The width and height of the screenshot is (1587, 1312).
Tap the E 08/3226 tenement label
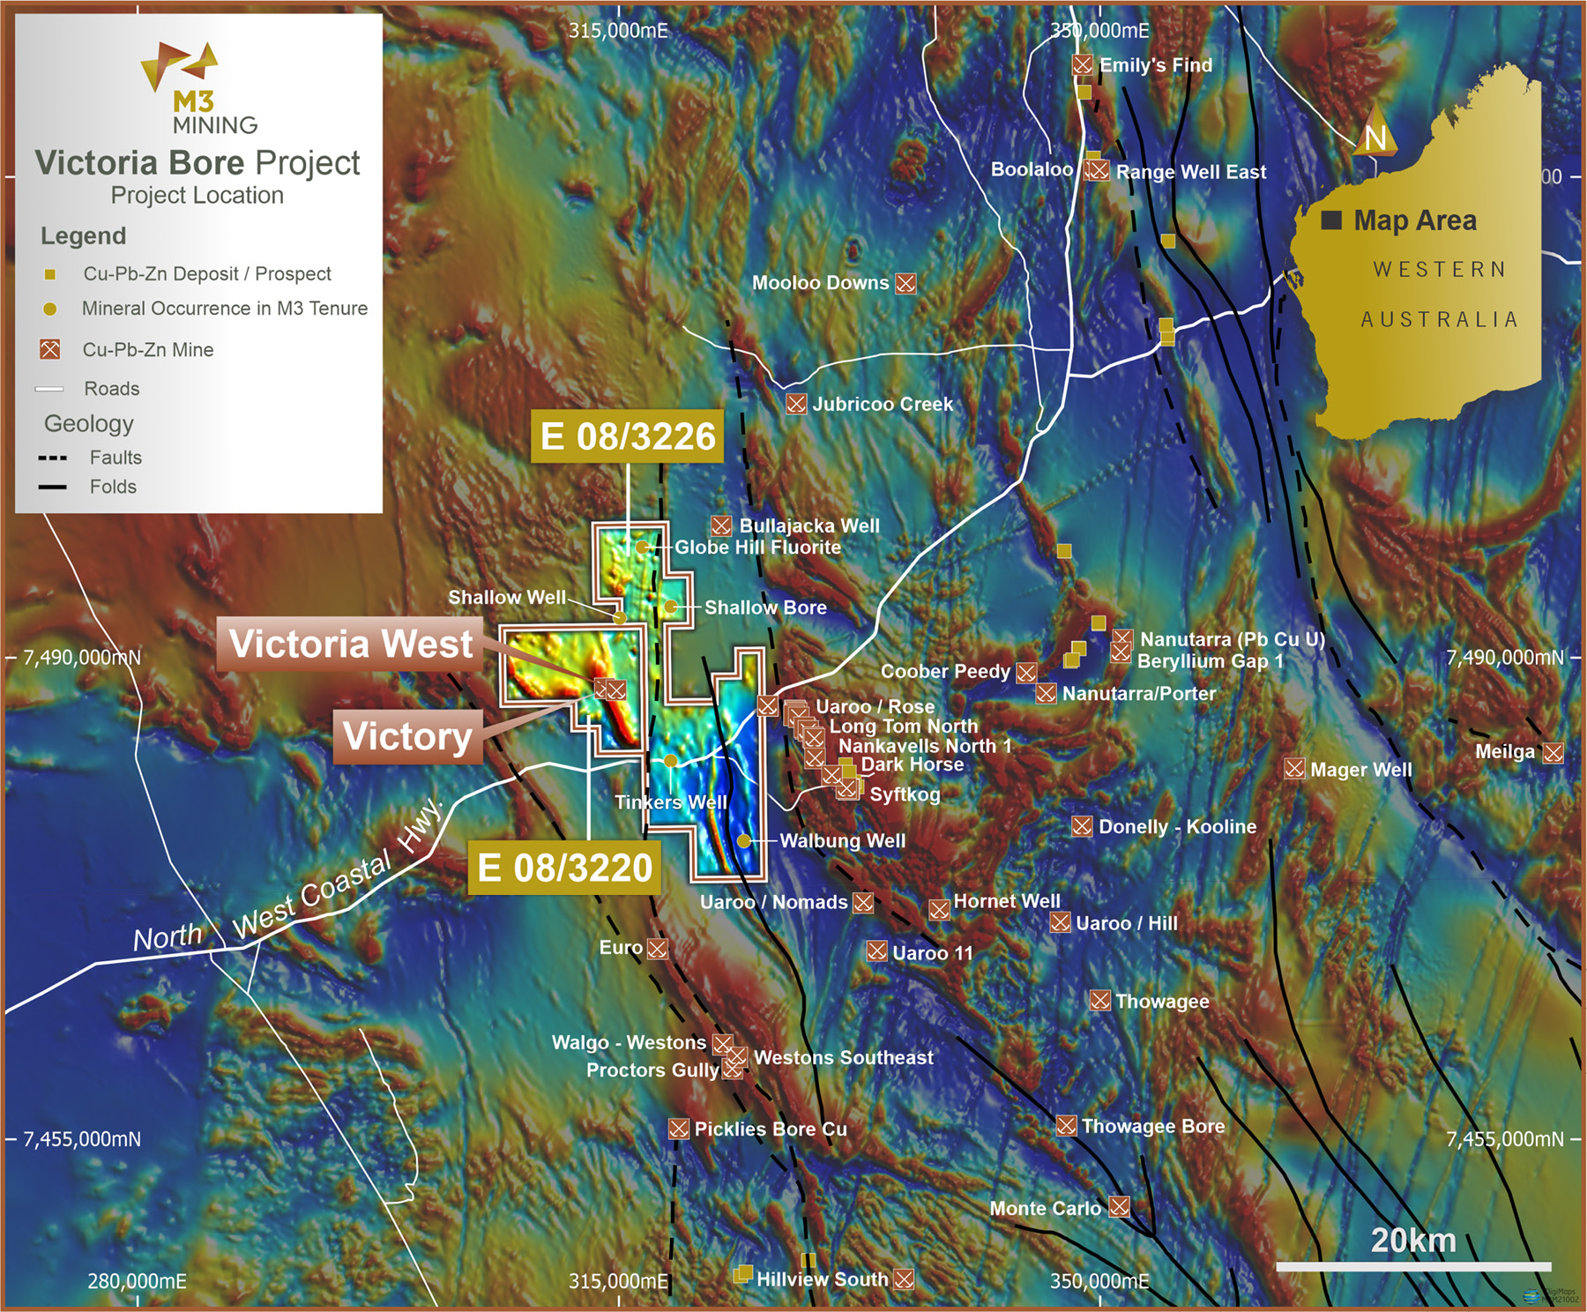click(627, 436)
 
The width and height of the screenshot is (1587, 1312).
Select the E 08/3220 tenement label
click(564, 868)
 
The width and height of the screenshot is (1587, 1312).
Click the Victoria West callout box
click(350, 644)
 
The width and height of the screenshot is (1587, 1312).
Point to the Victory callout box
click(407, 736)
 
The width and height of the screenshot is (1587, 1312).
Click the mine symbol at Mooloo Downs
click(905, 283)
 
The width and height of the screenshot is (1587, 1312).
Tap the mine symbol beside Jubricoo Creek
click(796, 404)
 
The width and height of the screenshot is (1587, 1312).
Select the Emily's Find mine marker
click(1083, 64)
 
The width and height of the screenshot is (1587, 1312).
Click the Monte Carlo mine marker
click(1119, 1206)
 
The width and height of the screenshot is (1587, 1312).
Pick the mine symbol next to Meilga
click(1553, 752)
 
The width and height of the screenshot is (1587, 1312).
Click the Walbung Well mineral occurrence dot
click(744, 841)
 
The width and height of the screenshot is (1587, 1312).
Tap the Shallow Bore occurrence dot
click(670, 607)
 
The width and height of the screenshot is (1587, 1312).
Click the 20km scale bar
click(1413, 1266)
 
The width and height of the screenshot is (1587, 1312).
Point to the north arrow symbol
click(1374, 132)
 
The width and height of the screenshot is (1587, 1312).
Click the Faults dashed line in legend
click(53, 458)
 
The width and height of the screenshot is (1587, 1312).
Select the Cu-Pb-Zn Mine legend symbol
click(50, 349)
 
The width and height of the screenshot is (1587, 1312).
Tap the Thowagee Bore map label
click(1152, 1126)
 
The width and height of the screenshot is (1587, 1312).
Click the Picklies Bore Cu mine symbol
click(678, 1129)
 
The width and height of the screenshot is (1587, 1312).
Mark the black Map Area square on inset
click(1331, 220)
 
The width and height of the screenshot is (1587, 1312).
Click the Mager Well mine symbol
click(1294, 769)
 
